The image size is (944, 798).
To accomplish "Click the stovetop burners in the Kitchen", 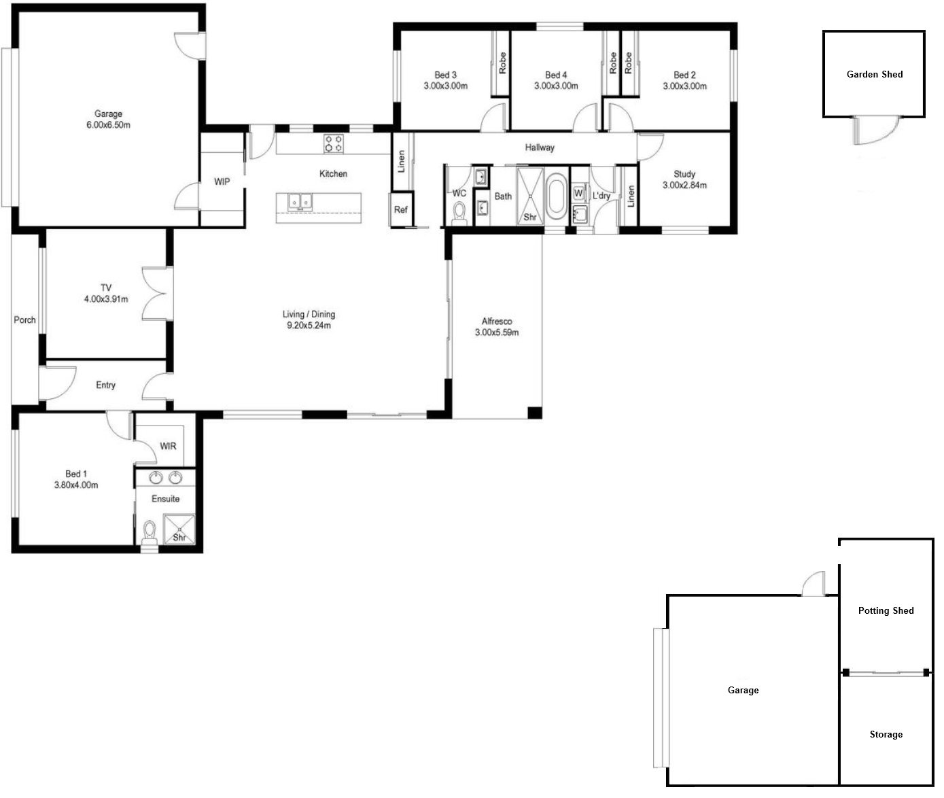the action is click(334, 143).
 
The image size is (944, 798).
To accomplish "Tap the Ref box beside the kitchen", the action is click(401, 209).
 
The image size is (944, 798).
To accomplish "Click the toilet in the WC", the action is click(459, 214).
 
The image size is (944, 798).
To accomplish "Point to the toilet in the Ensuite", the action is click(150, 532).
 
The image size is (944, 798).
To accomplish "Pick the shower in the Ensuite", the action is click(179, 530).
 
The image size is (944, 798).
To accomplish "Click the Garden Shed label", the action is click(875, 75).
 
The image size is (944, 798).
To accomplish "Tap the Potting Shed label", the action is click(886, 610).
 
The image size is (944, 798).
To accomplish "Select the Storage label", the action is click(886, 735).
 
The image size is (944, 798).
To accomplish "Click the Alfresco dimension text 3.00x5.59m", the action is click(497, 332).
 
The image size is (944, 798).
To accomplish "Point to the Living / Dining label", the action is click(309, 314).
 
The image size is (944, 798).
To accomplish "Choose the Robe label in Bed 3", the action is click(502, 63).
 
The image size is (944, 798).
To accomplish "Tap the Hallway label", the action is click(540, 148).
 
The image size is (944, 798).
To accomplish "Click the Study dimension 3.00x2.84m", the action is click(684, 186).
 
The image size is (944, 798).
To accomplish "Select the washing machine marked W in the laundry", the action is click(578, 193).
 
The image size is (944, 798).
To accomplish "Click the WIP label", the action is click(222, 181).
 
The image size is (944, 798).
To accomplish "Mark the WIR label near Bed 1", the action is click(168, 447).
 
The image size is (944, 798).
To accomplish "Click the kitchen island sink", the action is click(300, 201).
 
